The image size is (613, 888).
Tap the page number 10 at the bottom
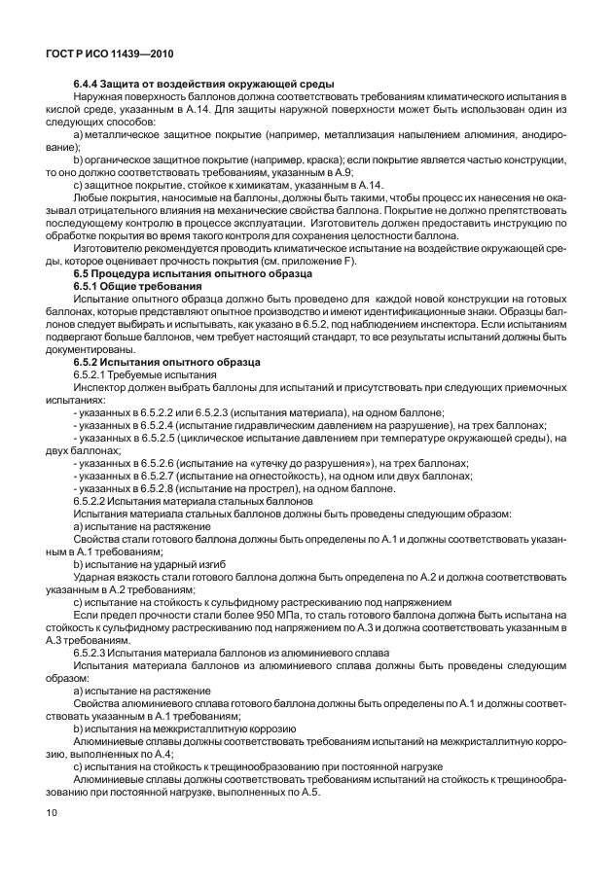click(52, 810)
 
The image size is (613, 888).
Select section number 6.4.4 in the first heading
click(89, 85)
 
